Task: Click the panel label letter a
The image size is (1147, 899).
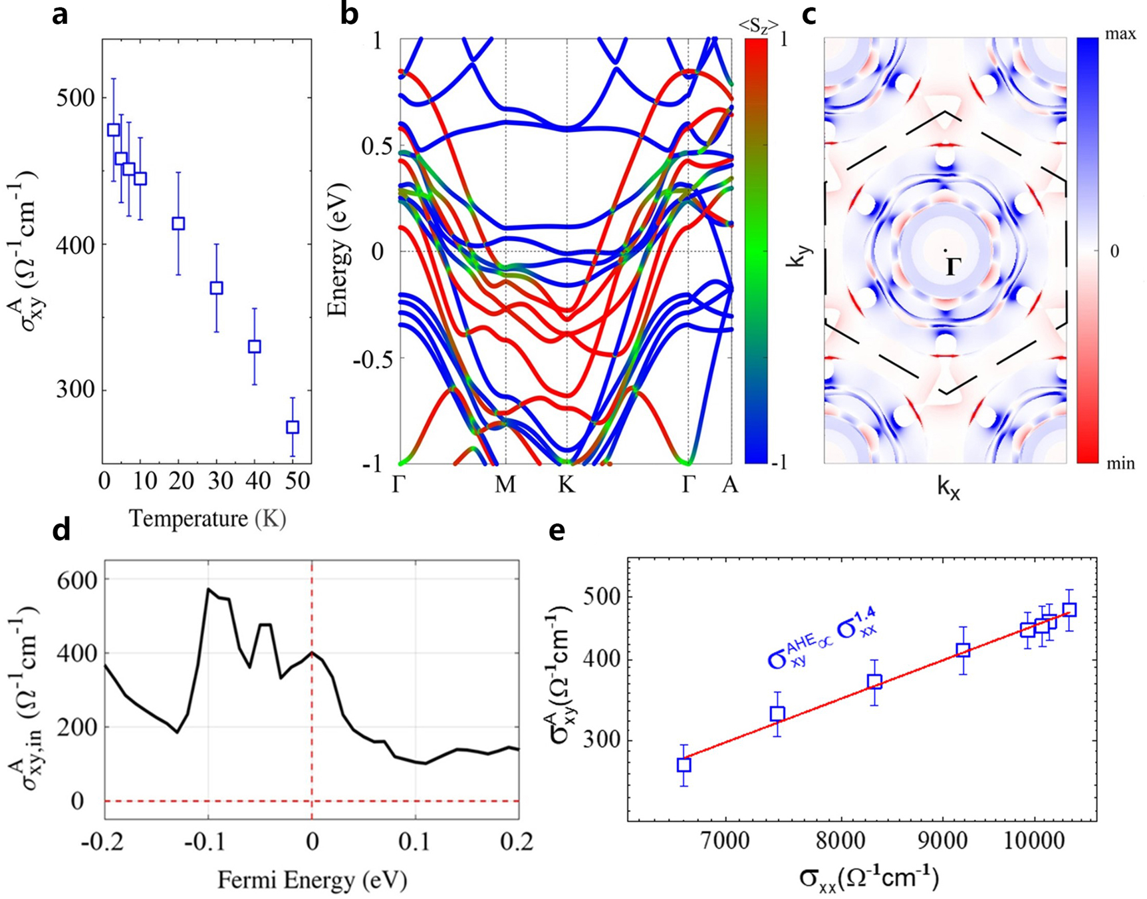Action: point(60,15)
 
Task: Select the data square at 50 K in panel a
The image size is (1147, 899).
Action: point(293,427)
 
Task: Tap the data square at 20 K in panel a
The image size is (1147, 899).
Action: point(178,224)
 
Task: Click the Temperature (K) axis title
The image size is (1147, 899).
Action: point(207,518)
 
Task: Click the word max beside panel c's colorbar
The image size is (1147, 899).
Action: point(1120,33)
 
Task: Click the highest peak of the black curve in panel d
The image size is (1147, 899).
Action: point(208,589)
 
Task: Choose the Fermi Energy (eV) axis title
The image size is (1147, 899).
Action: point(312,880)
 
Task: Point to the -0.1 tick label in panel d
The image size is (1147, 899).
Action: point(207,842)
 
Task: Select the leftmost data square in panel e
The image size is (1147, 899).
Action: point(684,765)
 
